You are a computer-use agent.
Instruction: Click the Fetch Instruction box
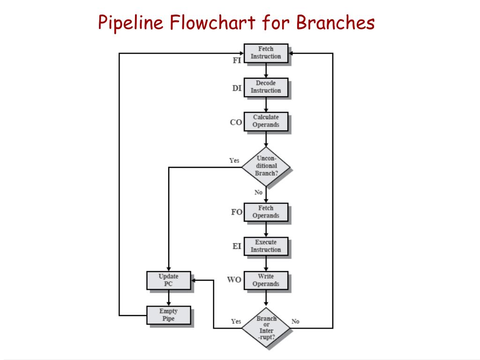(266, 52)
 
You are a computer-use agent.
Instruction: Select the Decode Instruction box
(266, 87)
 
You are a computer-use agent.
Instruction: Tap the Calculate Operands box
(266, 121)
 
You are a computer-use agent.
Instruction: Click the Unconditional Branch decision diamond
(266, 166)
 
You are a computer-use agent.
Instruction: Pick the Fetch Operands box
(266, 212)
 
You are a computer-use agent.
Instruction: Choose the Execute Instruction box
(266, 246)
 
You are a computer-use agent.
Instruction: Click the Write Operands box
(266, 280)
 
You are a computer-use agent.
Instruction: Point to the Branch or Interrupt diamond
(266, 327)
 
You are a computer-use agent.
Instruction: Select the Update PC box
(168, 280)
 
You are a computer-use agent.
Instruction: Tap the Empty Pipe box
(168, 315)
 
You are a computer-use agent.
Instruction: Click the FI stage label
(237, 60)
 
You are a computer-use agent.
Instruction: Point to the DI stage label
(237, 88)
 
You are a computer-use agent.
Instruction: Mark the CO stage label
(236, 122)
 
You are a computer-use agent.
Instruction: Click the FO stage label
(237, 212)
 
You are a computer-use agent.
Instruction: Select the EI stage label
(237, 246)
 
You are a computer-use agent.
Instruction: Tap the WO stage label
(234, 280)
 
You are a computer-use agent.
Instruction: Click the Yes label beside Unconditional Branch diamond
(234, 160)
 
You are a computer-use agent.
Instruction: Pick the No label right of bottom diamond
(295, 322)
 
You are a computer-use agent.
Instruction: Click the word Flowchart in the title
(211, 22)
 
